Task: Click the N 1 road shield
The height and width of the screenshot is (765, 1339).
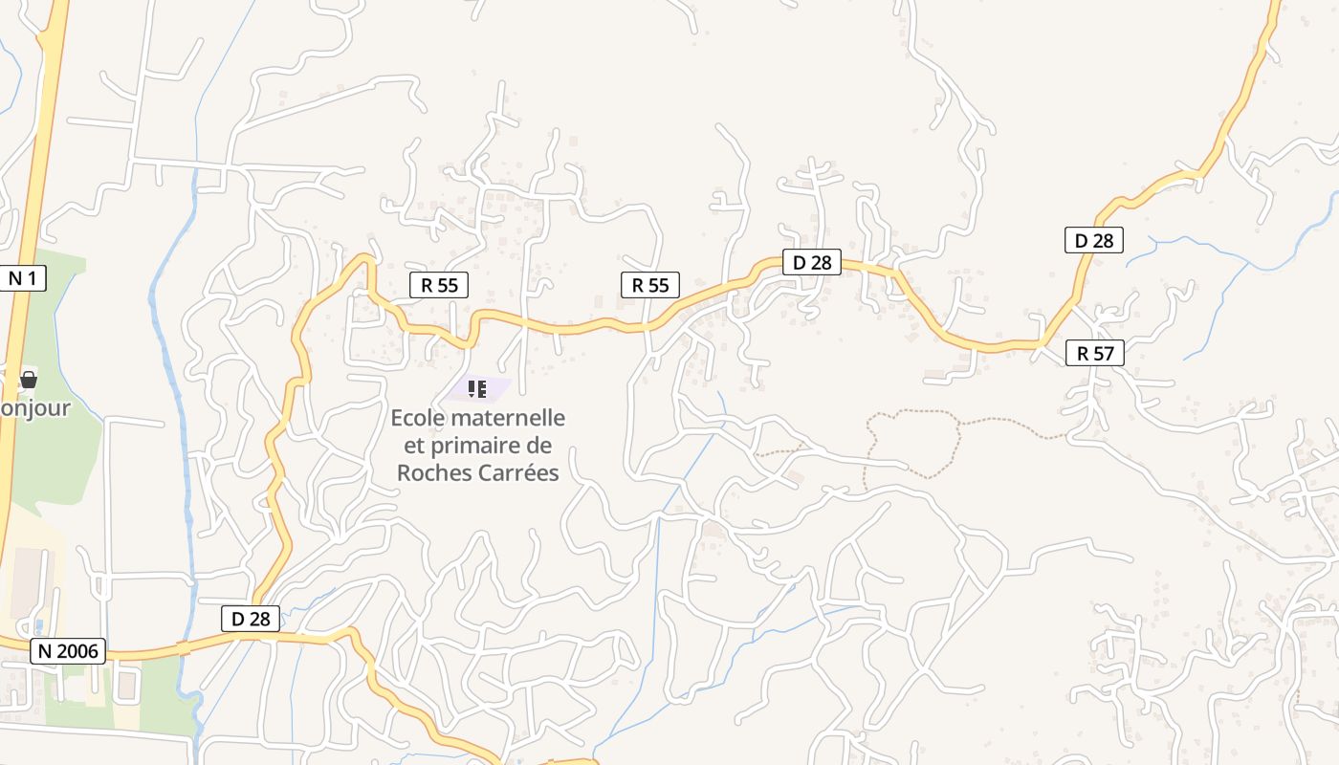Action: click(27, 278)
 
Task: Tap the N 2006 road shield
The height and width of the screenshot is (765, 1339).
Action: click(68, 651)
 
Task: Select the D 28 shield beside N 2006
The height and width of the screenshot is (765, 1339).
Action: click(251, 619)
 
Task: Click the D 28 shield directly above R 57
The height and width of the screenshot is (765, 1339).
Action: click(1094, 240)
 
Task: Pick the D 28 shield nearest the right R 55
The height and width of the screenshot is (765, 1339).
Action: click(812, 262)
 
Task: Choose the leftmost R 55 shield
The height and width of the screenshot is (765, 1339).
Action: click(439, 284)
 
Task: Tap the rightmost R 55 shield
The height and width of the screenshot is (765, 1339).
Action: click(650, 284)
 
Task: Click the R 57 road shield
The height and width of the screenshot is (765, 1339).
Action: click(1095, 353)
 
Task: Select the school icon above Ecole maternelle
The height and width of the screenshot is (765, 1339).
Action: click(477, 388)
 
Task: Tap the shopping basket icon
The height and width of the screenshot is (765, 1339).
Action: click(29, 380)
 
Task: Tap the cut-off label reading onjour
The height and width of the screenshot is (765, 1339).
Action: click(34, 408)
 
